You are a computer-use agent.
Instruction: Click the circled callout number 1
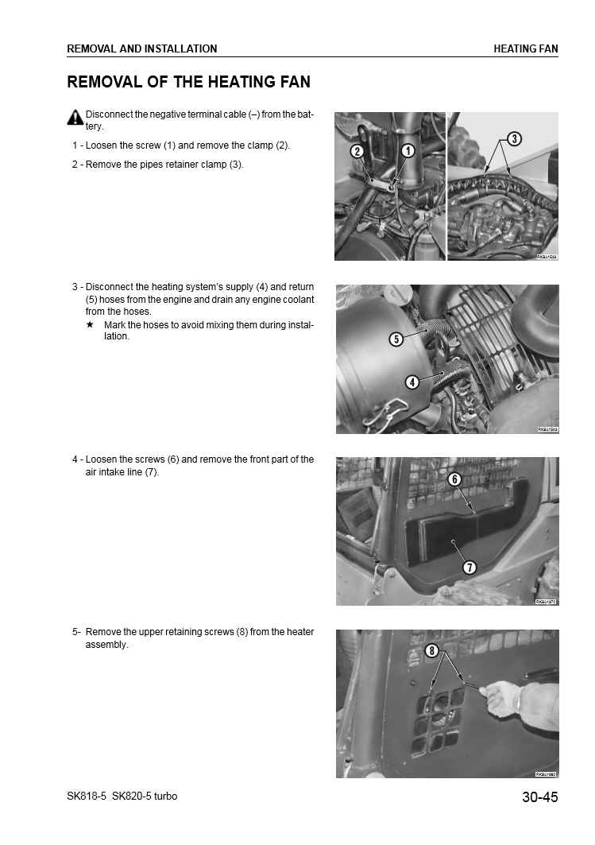click(408, 151)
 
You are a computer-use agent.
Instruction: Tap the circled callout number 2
click(357, 151)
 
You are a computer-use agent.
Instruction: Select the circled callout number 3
click(514, 139)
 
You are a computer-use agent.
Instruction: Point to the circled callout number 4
click(411, 382)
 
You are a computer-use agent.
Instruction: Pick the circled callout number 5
click(395, 339)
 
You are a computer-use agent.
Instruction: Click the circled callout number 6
click(454, 479)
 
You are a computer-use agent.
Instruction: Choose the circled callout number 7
click(469, 567)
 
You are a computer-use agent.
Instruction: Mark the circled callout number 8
click(432, 651)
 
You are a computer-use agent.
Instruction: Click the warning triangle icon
click(75, 117)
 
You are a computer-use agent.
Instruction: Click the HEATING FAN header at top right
click(526, 48)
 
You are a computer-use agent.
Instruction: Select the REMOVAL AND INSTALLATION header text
click(142, 48)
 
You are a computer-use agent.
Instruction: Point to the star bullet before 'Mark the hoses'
click(90, 325)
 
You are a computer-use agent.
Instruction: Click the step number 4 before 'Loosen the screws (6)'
click(75, 459)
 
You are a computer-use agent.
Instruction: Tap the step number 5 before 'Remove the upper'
click(75, 632)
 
